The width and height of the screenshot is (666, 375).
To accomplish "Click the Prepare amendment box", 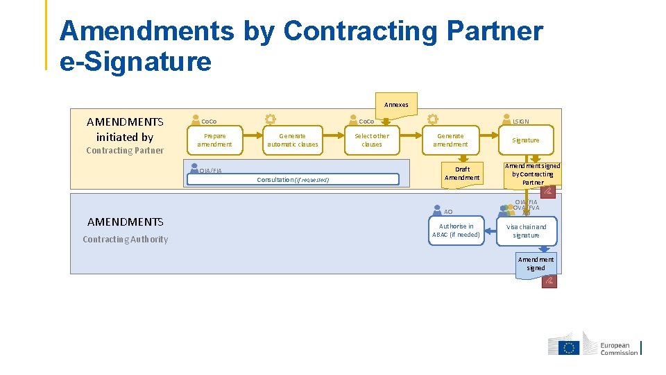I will point(214,140).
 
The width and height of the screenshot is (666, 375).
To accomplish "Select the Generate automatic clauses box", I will point(293,140).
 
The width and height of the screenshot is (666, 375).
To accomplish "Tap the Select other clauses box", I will point(372,140).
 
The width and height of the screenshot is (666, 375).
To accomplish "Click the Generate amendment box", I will point(450,140).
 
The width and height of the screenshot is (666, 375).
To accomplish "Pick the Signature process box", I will point(525,140).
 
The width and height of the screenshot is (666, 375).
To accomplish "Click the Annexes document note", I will point(396,104).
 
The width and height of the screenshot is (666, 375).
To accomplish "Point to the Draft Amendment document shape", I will point(462,174).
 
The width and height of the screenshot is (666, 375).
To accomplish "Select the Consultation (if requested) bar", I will point(293,179).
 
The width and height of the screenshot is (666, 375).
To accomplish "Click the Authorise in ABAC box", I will point(456,231).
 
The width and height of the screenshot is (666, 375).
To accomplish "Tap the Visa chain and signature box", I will point(526,231).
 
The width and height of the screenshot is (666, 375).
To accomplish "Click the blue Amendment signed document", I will point(536,265).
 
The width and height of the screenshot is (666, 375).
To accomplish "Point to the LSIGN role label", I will point(520,121).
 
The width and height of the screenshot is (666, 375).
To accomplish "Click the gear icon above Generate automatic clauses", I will point(270,119).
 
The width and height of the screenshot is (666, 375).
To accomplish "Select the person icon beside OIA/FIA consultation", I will point(193,170).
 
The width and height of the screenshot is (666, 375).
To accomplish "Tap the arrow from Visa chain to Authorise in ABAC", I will point(490,231).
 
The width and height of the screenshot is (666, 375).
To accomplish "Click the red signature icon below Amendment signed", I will point(549,281).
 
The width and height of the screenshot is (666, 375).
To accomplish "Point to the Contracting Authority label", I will point(125,240).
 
